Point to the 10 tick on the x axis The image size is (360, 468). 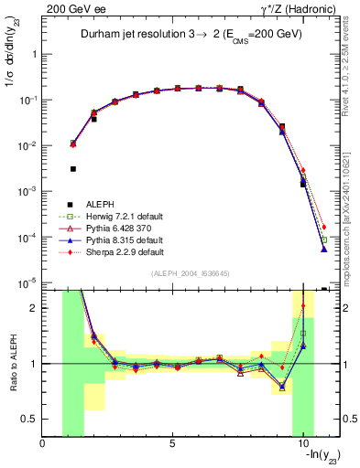(302, 444)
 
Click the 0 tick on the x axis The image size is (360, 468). (43, 444)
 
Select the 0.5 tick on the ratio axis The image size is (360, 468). (31, 419)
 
